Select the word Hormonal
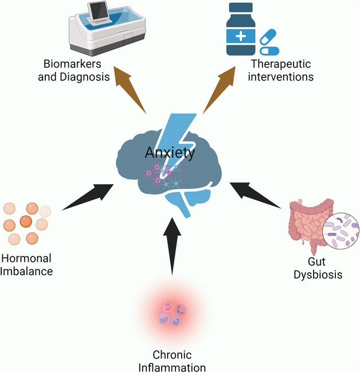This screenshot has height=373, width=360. point(27,259)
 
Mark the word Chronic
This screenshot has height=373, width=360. point(171,355)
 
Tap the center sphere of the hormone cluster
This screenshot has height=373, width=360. point(26,221)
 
